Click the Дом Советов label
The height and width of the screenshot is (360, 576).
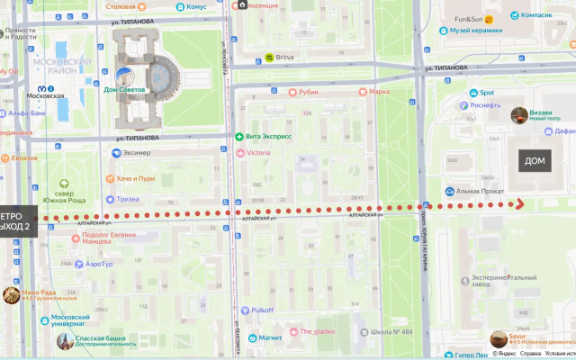(122, 89)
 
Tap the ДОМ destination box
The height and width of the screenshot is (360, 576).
(535, 160)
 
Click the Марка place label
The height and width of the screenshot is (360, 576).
(379, 91)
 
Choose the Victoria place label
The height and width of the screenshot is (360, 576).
(258, 153)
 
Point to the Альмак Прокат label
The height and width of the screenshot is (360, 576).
(482, 191)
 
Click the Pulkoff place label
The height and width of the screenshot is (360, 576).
(263, 310)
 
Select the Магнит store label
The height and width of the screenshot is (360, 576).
(270, 338)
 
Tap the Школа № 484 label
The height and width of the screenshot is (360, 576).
(395, 332)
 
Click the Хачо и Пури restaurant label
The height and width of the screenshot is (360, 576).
(135, 178)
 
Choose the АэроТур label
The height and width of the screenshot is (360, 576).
(99, 264)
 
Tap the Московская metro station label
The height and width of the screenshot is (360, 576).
(45, 94)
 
